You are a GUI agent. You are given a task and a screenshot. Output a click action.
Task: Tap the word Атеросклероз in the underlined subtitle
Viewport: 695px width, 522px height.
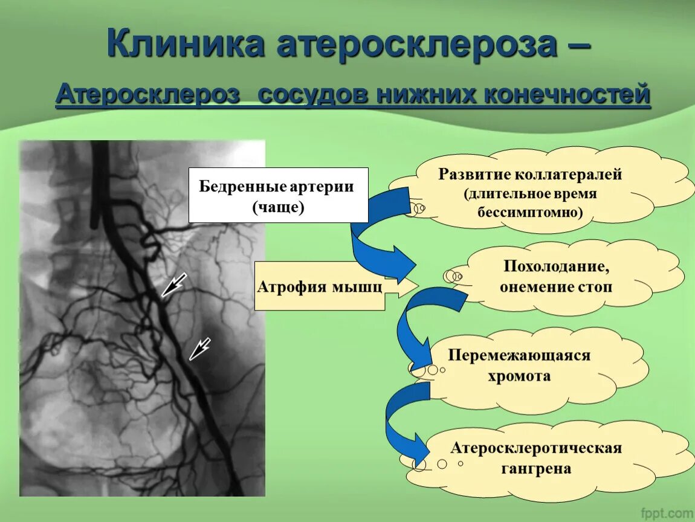[x=147, y=95]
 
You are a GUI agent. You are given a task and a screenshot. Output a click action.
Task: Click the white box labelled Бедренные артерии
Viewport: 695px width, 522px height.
[x=278, y=195]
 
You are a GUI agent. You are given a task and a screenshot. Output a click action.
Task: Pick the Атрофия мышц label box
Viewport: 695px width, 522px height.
[x=320, y=286]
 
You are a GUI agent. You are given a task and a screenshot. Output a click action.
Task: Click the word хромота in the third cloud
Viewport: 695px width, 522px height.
[x=519, y=376]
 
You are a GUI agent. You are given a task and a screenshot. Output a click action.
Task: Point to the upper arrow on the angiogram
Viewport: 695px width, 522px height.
[x=173, y=285]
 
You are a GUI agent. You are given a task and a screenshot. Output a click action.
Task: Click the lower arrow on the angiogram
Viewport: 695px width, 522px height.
[x=199, y=349]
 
